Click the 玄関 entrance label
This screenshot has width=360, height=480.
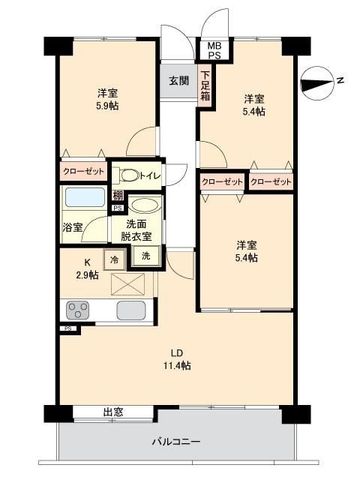[x=179, y=81]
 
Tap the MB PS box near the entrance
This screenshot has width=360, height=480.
[x=215, y=50]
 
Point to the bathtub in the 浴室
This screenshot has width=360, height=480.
[x=85, y=197]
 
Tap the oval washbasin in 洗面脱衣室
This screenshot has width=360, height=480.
[x=144, y=205]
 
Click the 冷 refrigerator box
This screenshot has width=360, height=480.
[x=114, y=259]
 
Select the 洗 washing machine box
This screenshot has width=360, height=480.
[x=146, y=256]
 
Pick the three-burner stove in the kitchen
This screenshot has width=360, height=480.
[x=78, y=310]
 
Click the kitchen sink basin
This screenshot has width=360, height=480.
[x=131, y=310]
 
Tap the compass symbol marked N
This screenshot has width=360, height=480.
[x=317, y=82]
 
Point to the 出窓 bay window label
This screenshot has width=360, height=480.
[x=113, y=412]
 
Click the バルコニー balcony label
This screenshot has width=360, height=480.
[x=176, y=442]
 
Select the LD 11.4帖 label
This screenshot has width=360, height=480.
[x=177, y=359]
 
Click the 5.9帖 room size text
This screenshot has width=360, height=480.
[x=107, y=106]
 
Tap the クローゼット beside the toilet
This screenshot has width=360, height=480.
[x=84, y=172]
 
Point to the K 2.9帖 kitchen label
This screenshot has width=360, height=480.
[x=86, y=269]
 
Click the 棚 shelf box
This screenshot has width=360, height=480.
[x=117, y=195]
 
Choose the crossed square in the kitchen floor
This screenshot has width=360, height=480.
[x=128, y=284]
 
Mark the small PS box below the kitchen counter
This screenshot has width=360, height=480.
[x=69, y=328]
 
